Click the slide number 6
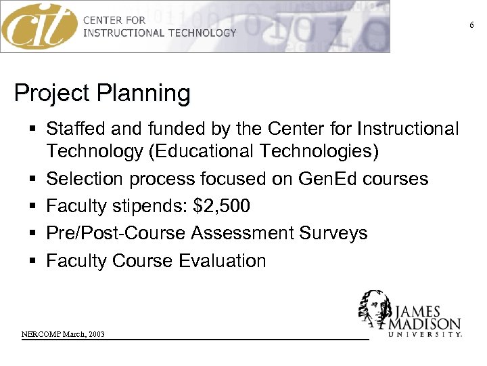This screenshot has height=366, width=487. coord(472,25)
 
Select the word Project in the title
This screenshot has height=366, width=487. coord(53,93)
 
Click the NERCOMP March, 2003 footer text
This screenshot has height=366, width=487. coord(63,335)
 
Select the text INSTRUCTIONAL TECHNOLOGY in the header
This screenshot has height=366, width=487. coord(160,33)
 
